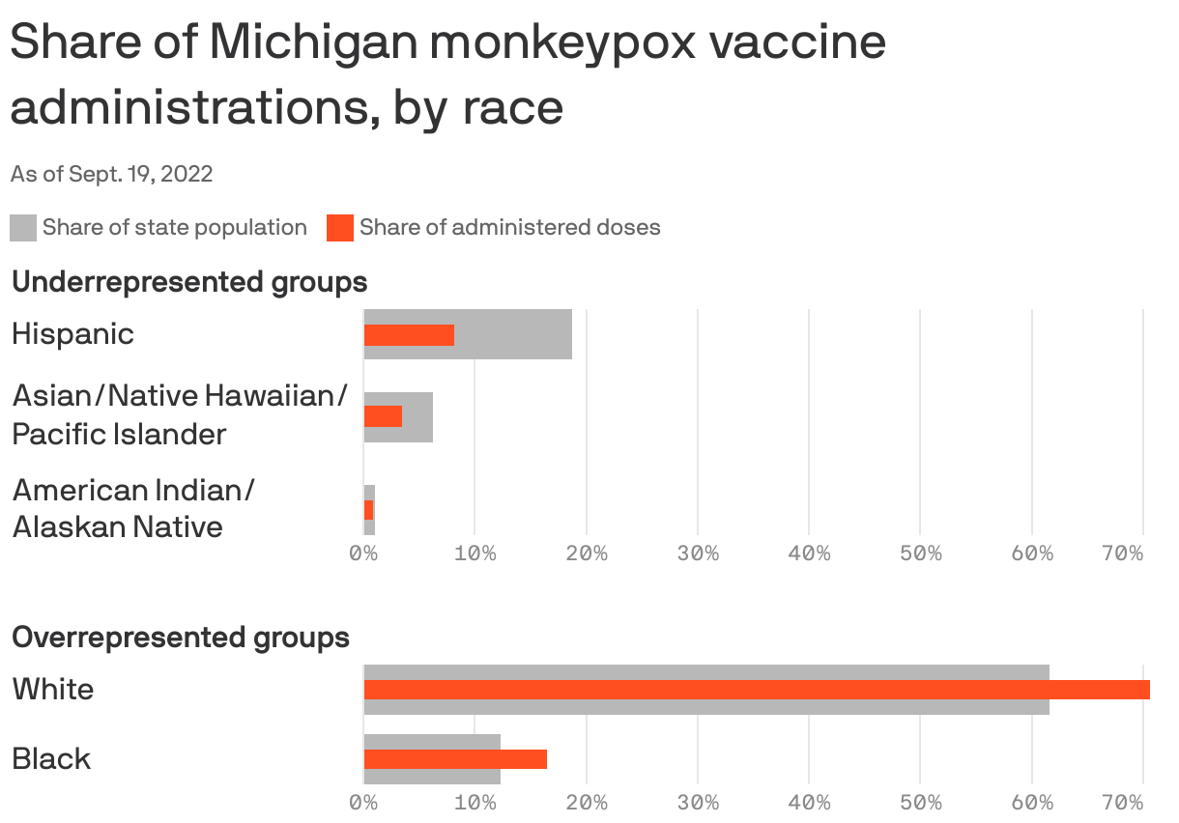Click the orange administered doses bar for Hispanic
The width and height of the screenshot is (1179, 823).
tap(409, 335)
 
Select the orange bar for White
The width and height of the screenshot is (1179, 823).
tap(757, 690)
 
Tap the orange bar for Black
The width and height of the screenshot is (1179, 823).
tap(455, 759)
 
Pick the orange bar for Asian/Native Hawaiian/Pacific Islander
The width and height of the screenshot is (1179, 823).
tap(383, 416)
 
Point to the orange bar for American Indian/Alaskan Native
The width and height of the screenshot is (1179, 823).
tap(368, 510)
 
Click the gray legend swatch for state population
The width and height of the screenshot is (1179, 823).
tap(23, 228)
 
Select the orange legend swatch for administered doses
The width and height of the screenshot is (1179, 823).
tap(340, 228)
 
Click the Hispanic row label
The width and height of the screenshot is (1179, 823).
tap(72, 334)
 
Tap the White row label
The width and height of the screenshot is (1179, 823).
tap(53, 690)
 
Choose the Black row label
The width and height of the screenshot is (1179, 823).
tap(51, 759)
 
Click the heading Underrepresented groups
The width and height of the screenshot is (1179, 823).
tap(189, 282)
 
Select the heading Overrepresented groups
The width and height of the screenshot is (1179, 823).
tap(181, 638)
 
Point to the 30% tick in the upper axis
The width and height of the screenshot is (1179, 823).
tap(698, 553)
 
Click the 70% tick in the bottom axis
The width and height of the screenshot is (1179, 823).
tap(1122, 802)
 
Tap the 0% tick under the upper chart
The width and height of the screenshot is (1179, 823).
tap(363, 553)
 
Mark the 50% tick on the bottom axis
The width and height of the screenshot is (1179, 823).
tap(920, 802)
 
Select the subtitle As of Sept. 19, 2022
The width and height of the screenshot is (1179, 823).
tap(111, 174)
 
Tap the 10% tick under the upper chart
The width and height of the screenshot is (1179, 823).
tap(474, 553)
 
